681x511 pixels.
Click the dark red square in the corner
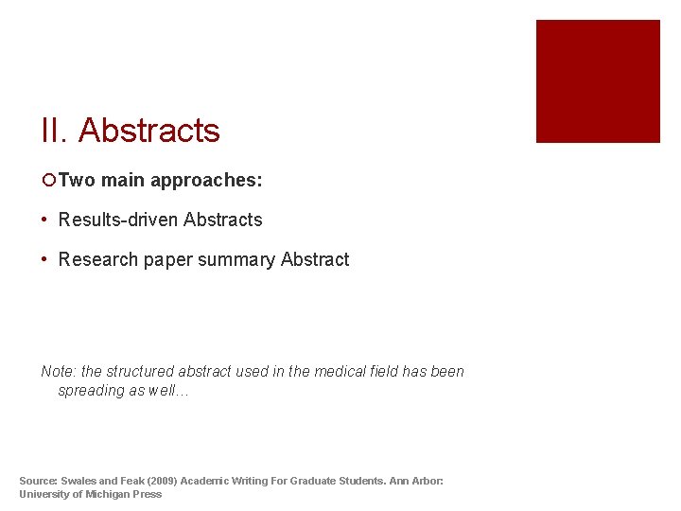click(x=598, y=81)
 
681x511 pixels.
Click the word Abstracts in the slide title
click(x=148, y=131)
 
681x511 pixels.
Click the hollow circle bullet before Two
click(x=48, y=180)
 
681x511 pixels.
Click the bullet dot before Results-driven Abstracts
click(x=45, y=220)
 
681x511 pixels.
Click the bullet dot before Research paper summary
click(x=45, y=259)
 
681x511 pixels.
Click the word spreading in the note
click(x=91, y=391)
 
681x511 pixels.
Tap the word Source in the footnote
click(x=40, y=481)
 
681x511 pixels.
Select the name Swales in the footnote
click(x=83, y=481)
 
